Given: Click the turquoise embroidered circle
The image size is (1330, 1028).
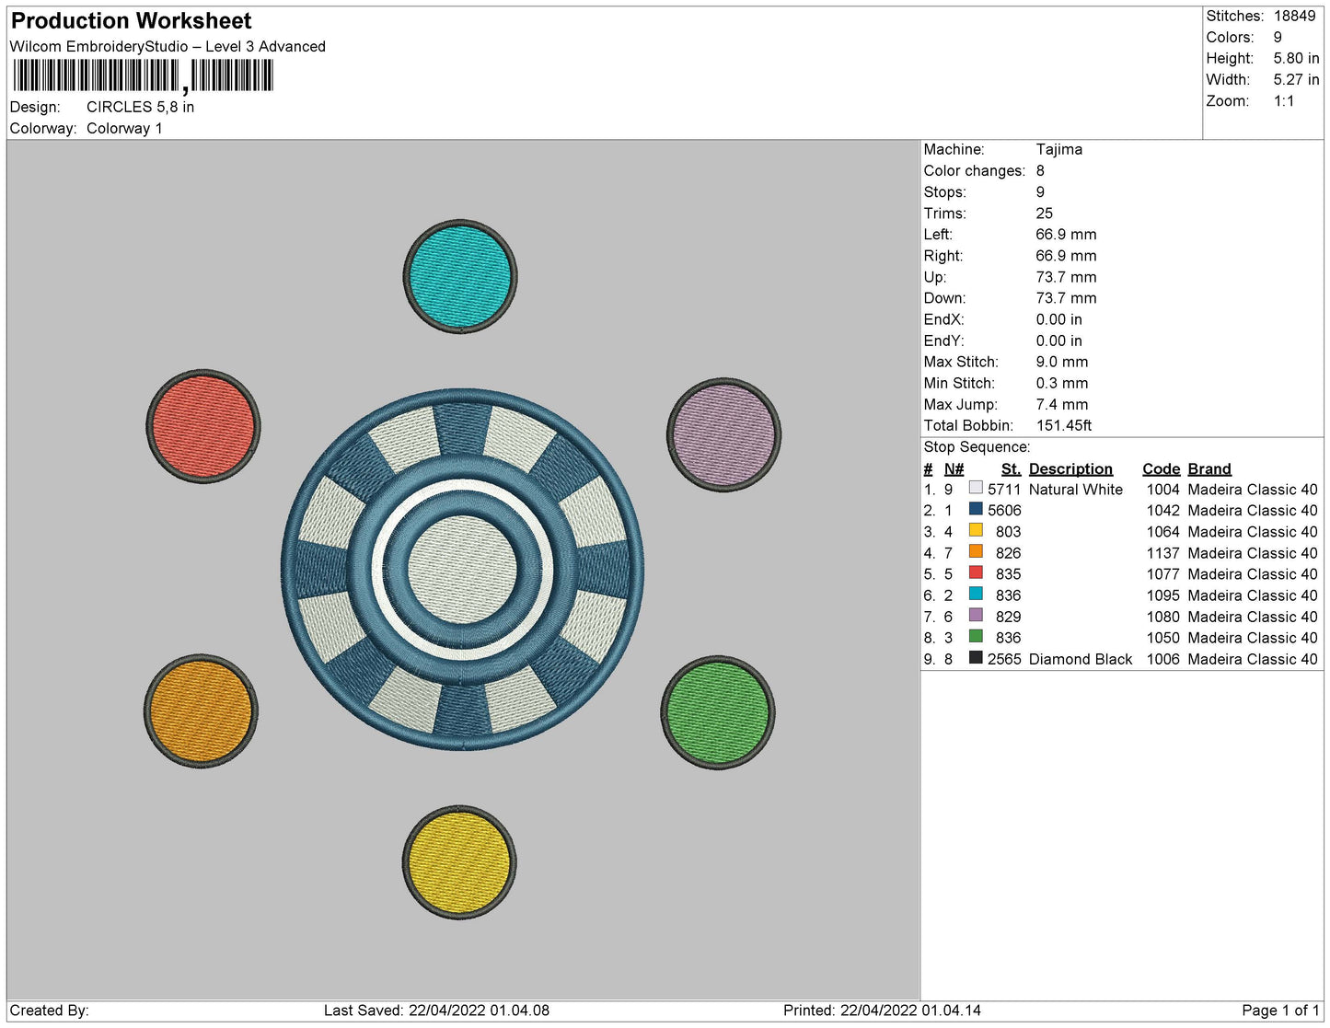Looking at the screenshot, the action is [460, 277].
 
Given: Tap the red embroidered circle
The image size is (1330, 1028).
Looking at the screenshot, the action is [203, 426].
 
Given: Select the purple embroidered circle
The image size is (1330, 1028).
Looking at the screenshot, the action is [723, 434].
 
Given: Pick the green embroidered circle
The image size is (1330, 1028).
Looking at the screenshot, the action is [717, 713].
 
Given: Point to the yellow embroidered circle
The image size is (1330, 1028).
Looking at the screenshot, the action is [459, 862].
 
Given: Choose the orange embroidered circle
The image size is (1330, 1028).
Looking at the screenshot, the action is [201, 711].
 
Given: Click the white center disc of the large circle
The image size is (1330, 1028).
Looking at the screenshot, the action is [462, 570].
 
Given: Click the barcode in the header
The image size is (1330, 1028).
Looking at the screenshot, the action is [144, 76].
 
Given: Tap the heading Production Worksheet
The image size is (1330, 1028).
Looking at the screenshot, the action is [131, 21].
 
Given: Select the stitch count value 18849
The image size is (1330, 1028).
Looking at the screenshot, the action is [1294, 16].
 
